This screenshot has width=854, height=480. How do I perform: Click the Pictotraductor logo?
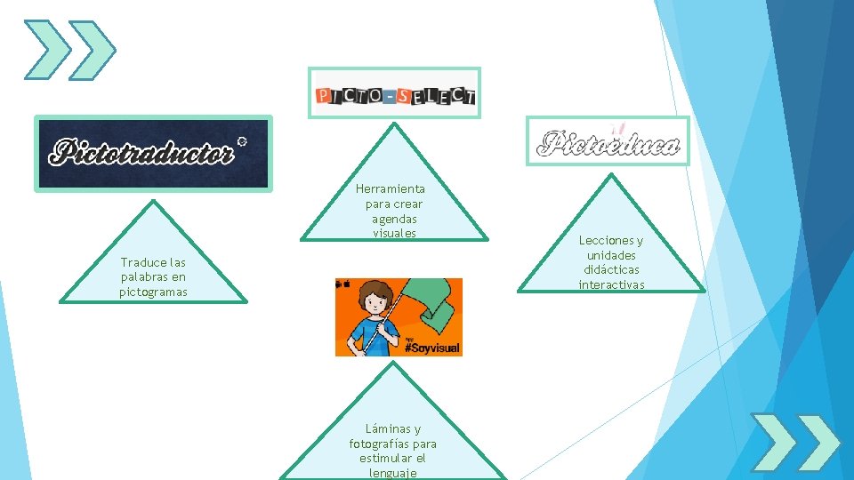coord(154,153)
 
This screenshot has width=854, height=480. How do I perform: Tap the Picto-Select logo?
coord(394,94)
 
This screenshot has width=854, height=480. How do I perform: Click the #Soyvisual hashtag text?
coord(432,348)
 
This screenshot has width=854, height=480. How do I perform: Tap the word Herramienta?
coord(391,189)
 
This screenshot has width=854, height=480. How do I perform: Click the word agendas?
coord(395,219)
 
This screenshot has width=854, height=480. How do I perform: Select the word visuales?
coord(395,234)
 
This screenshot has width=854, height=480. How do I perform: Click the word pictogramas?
coord(154,292)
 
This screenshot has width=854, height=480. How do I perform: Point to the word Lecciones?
coord(611,240)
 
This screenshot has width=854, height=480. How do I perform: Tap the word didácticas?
coord(611,269)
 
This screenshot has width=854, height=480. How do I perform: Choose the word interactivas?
coord(611,284)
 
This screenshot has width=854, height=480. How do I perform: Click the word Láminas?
coord(392,428)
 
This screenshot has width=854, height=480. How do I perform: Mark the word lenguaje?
coord(393,473)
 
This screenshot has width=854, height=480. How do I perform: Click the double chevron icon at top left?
coord(69,50)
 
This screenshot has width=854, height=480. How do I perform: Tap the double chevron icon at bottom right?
coord(794,442)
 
